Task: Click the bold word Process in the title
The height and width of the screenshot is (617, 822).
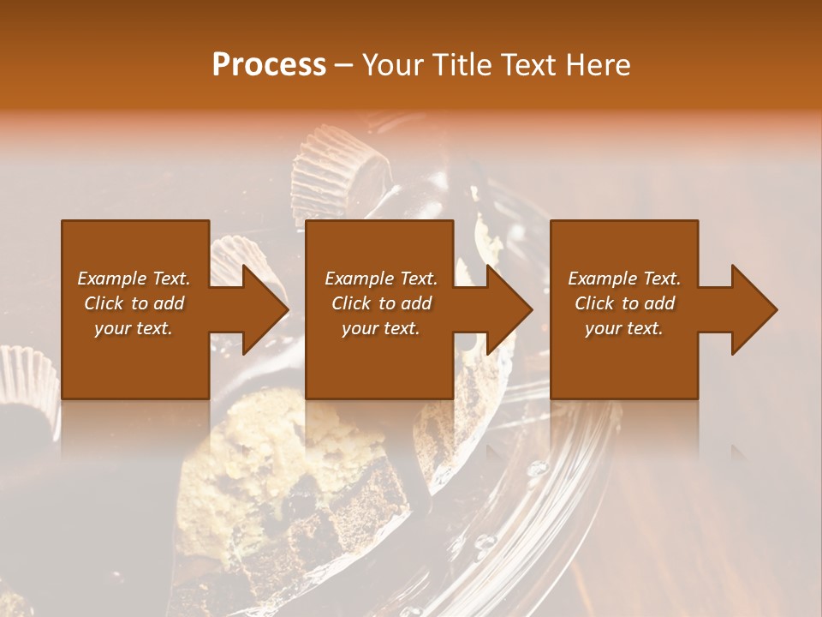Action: pos(269,65)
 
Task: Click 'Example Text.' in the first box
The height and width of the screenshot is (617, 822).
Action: pos(134,279)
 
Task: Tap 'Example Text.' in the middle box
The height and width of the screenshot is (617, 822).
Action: pos(381,279)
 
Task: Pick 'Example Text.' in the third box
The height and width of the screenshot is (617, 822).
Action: pos(624,279)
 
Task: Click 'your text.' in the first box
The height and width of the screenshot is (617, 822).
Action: pos(134,328)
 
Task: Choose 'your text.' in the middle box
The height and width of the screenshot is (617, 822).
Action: pos(381,328)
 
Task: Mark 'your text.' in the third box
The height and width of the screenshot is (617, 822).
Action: pos(624,328)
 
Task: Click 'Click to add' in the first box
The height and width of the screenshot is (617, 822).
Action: pos(134,303)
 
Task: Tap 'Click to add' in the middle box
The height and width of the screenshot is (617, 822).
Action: pos(381,303)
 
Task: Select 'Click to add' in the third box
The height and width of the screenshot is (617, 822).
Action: pos(624,303)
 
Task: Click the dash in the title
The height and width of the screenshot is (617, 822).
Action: pos(344,66)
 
